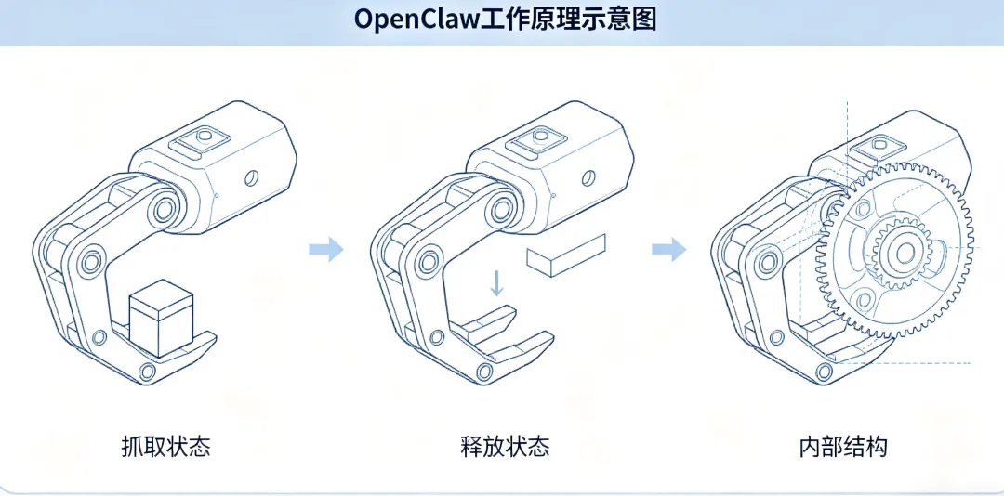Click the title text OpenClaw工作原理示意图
tap(505, 20)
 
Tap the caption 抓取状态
tap(165, 446)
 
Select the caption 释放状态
tap(505, 446)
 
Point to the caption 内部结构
tap(843, 446)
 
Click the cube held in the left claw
tap(161, 318)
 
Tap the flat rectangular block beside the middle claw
tap(566, 255)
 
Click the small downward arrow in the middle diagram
tap(496, 282)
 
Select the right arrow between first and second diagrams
tap(326, 249)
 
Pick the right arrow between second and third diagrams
tap(669, 249)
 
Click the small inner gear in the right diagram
tap(905, 253)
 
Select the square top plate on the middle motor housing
tap(536, 141)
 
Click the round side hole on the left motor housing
tap(252, 177)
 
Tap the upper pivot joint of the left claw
tap(165, 208)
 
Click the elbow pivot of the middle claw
tap(427, 261)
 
